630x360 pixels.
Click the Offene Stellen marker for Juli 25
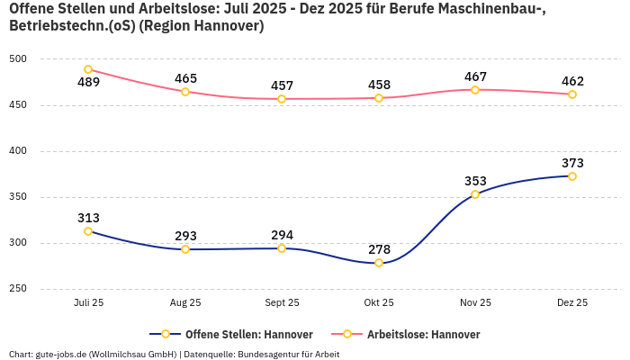(88, 231)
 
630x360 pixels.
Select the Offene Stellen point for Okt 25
(379, 263)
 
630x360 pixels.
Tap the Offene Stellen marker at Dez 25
(572, 175)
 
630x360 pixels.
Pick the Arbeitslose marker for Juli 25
(88, 69)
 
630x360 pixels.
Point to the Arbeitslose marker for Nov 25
(475, 89)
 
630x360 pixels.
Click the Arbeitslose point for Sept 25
(282, 99)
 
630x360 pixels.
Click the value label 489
(88, 83)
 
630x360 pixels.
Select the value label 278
(379, 249)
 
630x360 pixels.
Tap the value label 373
(572, 163)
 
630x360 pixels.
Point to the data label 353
(475, 181)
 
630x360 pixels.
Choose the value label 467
(475, 76)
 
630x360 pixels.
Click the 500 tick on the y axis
(18, 59)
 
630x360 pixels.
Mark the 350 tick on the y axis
(18, 197)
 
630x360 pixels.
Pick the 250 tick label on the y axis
(18, 289)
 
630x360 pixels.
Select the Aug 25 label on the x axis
(185, 303)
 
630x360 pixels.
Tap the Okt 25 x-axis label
(379, 303)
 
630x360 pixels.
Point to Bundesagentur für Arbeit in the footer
(292, 354)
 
